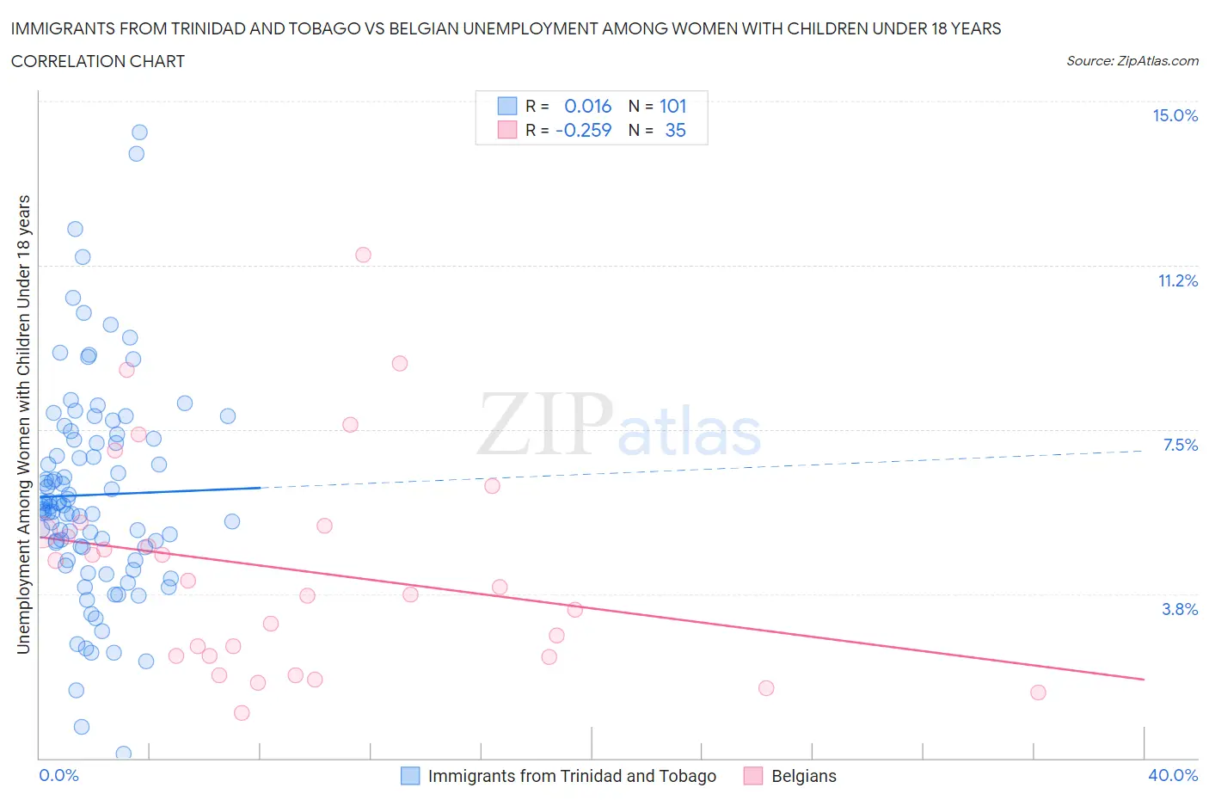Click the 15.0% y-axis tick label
point(1175,116)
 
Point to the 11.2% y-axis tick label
point(1177,281)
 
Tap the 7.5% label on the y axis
point(1180,445)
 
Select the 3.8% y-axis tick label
point(1180,609)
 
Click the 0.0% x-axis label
point(58,776)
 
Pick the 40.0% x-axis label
point(1173,776)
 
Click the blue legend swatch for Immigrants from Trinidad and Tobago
point(411,776)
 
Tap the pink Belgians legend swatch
point(753,776)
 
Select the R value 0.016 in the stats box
point(587,107)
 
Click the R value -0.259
point(584,131)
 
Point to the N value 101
point(672,107)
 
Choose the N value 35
point(675,131)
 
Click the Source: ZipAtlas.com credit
point(1132,61)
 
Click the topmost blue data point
point(139,132)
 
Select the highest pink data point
point(363,255)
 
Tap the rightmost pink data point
point(1038,692)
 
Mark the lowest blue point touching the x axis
point(123,754)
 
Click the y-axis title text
point(23,424)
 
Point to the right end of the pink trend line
point(1144,680)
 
